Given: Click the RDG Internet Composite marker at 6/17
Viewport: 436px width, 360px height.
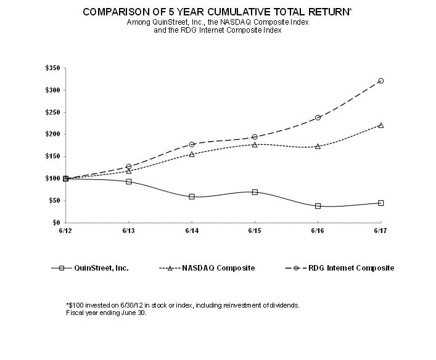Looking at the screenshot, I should [x=380, y=81].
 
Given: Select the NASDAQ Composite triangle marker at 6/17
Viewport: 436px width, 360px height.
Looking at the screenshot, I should [x=380, y=125].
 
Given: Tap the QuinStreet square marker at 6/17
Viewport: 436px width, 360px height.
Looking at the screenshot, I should [x=380, y=203].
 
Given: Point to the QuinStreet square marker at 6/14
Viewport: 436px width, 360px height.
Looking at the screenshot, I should [x=192, y=197].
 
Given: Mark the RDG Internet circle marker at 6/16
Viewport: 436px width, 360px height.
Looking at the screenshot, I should [x=318, y=117].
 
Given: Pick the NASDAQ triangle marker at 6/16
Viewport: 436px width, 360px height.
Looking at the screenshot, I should [x=318, y=146].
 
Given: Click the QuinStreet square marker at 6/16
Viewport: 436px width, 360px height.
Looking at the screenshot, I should [x=318, y=206].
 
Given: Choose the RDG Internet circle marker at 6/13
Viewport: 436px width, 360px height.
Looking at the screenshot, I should [x=129, y=166].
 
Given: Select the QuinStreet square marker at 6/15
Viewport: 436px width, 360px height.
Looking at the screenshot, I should [x=255, y=192].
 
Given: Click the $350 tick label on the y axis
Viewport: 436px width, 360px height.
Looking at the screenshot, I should [x=52, y=68].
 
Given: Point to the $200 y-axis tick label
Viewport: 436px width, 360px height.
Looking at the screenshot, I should [x=52, y=134].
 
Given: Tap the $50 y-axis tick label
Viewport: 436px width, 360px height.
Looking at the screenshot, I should [x=54, y=200].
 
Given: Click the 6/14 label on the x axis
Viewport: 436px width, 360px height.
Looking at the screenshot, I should [x=192, y=230].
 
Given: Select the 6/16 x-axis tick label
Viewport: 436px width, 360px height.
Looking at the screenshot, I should [x=318, y=230].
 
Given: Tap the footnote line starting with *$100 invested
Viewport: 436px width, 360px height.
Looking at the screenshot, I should [x=182, y=305].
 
